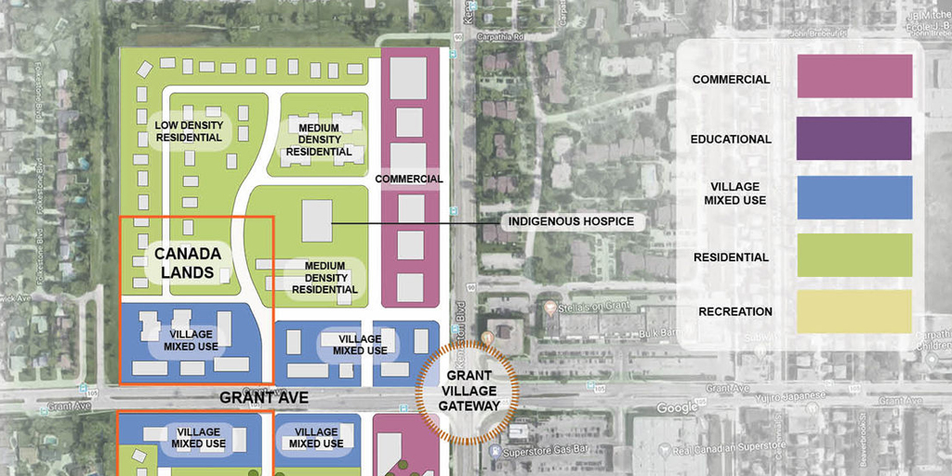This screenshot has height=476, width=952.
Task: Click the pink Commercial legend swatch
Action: pos(854,76)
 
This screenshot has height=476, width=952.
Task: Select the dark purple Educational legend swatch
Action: pos(854,139)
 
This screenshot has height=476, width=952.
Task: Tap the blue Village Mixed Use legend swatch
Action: pos(854,198)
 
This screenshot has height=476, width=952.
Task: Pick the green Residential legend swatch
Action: pos(854,256)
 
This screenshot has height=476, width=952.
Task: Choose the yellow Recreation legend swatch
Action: pos(854,311)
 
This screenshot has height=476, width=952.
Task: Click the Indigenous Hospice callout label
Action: pos(571,222)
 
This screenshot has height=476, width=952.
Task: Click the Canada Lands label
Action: pos(188,263)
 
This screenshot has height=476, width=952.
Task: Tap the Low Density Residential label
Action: pos(189,130)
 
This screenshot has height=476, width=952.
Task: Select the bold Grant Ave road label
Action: pos(264,398)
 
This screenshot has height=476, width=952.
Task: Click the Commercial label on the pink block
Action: pos(409,178)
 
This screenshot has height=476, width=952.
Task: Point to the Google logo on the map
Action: pos(677,408)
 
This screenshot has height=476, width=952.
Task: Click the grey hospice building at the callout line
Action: pos(317,221)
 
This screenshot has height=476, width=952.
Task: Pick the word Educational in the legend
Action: pos(731,139)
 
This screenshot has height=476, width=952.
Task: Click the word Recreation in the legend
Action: pos(734,311)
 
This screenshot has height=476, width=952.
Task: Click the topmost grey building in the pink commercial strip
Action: pos(407,78)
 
